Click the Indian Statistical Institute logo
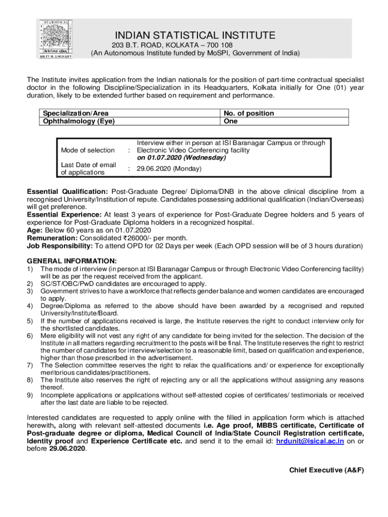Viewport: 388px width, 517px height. tap(55, 39)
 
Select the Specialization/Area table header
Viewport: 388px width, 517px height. tap(76, 113)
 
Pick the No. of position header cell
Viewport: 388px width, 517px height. tap(249, 113)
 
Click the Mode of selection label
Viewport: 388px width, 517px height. tap(88, 150)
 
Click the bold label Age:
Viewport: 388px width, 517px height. tap(34, 230)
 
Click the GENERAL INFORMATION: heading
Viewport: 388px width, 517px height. tap(72, 261)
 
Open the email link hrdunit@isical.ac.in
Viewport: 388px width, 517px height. tap(310, 441)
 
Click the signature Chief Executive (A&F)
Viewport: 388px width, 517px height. tap(327, 470)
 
